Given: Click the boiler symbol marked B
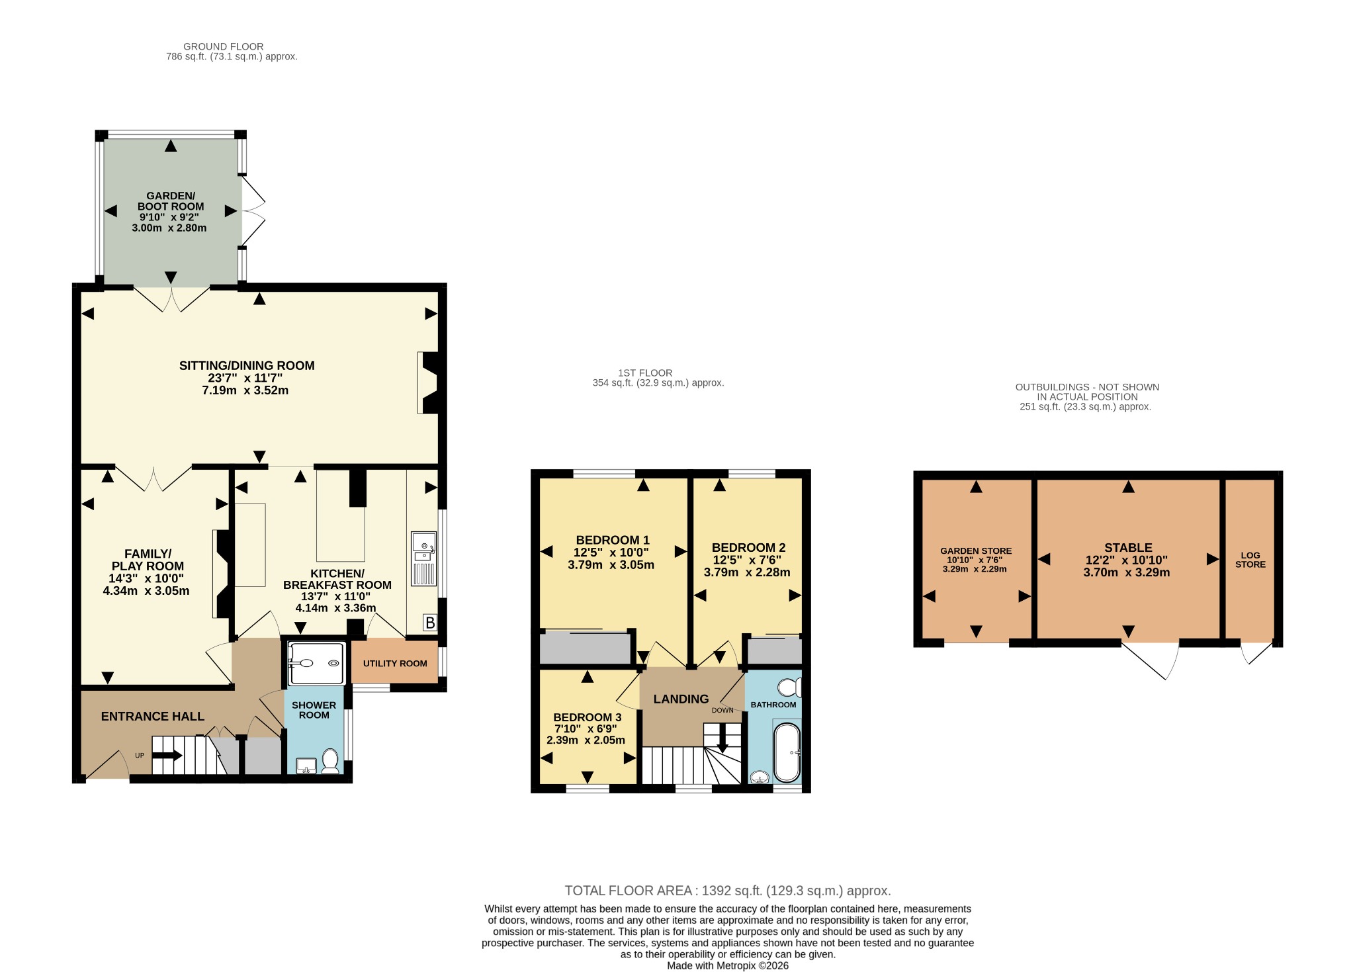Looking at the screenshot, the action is coord(430,623).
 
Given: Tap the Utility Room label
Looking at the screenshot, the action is coord(395,664).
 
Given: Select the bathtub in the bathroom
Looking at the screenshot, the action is coord(787,753).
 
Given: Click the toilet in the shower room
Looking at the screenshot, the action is coord(329,761).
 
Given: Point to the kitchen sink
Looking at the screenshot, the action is coord(423,558).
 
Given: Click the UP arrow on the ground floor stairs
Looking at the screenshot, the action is coord(167,755).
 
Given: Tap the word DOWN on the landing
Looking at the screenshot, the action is coord(722,710).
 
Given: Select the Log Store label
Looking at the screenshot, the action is coord(1250,560).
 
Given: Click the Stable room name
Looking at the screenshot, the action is coord(1128,547).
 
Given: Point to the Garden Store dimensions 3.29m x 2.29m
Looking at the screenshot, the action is coord(975,569).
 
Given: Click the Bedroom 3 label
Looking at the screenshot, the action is coord(588,717).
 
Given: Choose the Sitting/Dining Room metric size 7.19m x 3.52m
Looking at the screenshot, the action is coord(245,390).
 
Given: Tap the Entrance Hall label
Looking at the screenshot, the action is coord(153,716).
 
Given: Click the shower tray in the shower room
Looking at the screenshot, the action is coord(316,663).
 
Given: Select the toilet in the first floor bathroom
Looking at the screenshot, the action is coord(789,687).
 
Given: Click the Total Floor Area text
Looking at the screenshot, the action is coord(728,891).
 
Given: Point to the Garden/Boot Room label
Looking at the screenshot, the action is coord(171,201).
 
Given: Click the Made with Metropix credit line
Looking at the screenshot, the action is coord(728,966).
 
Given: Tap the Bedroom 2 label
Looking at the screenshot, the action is coord(748,547).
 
